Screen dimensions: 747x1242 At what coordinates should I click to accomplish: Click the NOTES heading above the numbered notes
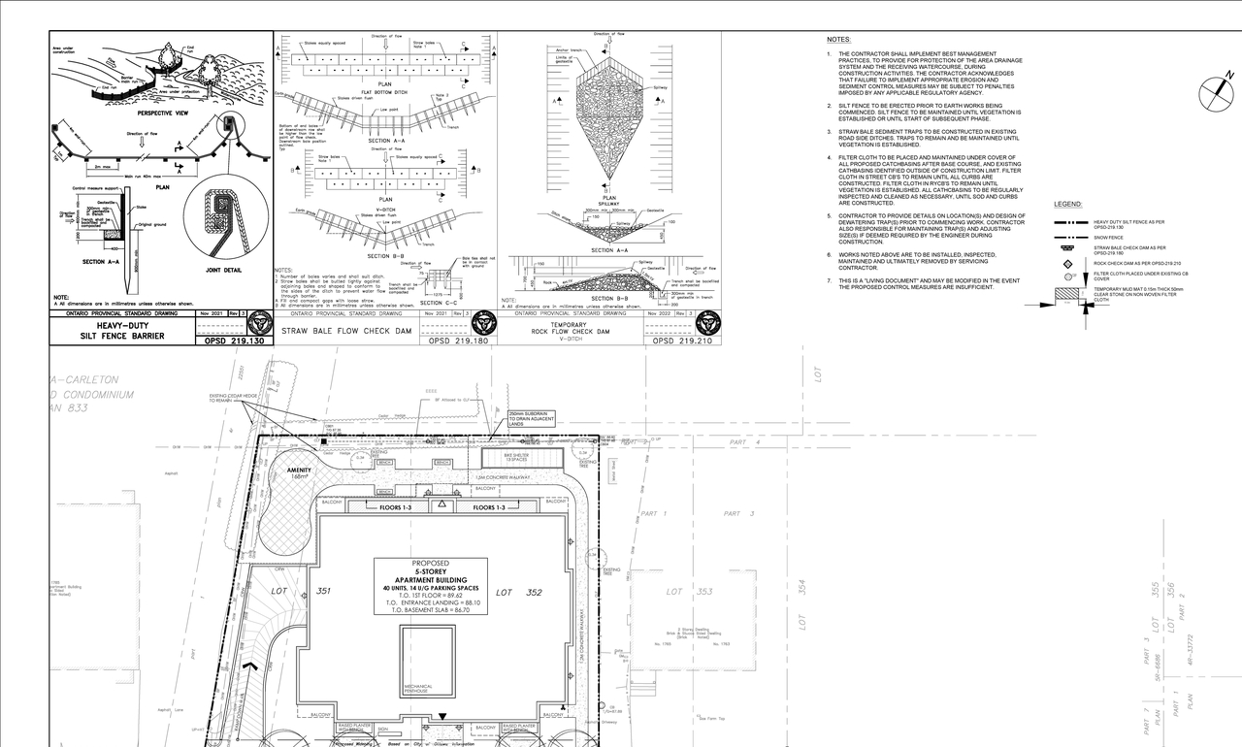pyautogui.click(x=838, y=40)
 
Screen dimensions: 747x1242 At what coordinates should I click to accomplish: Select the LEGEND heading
pyautogui.click(x=1067, y=205)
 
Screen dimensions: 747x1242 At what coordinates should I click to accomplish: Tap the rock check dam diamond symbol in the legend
pyautogui.click(x=1067, y=263)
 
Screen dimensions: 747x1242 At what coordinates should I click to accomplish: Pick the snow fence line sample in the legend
pyautogui.click(x=1068, y=236)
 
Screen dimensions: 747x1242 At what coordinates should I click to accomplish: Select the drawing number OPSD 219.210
pyautogui.click(x=682, y=341)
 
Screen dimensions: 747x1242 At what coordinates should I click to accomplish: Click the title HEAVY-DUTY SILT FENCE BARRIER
pyautogui.click(x=122, y=332)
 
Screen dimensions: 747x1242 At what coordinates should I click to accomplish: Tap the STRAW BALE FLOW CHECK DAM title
pyautogui.click(x=347, y=331)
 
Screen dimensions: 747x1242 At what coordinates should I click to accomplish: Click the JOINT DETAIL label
pyautogui.click(x=223, y=271)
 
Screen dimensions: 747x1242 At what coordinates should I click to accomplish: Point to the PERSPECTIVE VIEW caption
pyautogui.click(x=137, y=114)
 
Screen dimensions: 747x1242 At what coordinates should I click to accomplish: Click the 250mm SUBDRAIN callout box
pyautogui.click(x=530, y=419)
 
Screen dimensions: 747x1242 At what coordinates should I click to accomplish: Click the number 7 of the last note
pyautogui.click(x=829, y=281)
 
